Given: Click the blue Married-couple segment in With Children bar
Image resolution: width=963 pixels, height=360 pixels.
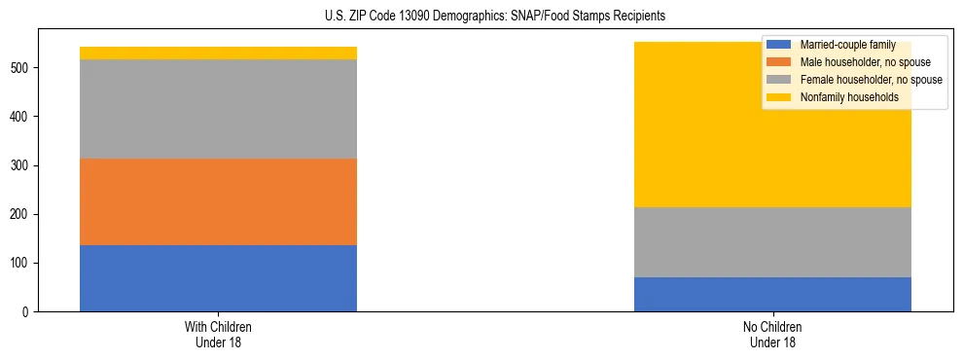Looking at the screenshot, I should (218, 278).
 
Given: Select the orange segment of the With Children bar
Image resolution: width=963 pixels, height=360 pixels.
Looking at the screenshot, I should (218, 201).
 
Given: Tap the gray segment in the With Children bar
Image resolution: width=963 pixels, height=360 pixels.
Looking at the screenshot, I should (218, 109).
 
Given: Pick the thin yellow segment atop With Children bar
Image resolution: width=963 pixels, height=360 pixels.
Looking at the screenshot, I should (218, 53).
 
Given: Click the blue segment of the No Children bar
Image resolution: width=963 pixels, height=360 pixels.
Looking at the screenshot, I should (772, 294).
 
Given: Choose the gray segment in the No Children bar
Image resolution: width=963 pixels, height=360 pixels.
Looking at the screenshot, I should (772, 242).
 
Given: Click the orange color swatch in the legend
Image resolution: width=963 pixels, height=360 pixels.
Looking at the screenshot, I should (779, 62).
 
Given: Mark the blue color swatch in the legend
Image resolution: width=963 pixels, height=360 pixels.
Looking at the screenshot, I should (779, 45).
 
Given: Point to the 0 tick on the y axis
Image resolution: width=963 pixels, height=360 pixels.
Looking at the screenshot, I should (27, 312).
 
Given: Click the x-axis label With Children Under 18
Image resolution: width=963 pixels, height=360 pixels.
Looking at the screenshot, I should (218, 334).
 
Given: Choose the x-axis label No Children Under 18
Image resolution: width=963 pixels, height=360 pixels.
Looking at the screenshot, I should (772, 334).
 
